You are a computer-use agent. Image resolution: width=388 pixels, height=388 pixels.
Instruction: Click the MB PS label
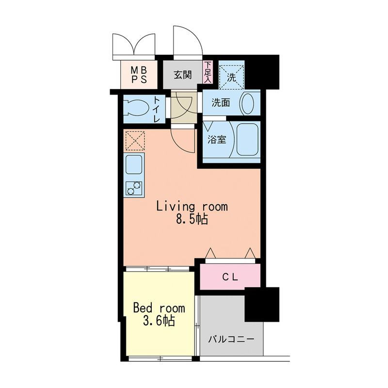point(139,75)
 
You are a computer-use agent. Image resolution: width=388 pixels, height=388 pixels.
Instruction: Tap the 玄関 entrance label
point(183,75)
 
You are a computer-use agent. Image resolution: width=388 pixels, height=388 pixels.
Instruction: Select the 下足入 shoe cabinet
point(208,72)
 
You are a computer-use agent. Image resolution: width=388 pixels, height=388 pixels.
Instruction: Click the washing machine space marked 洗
point(232,75)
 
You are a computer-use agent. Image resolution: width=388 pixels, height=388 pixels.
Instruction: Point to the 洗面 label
point(221,103)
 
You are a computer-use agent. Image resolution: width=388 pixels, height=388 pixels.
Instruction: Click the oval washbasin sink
point(247,103)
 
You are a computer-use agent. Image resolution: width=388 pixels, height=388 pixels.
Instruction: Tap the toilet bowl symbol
point(137,108)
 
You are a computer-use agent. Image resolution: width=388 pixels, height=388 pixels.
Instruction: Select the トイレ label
point(156,110)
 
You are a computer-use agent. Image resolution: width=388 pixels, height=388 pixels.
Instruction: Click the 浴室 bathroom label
point(217,140)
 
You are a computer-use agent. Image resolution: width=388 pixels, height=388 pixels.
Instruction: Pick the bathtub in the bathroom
point(247,140)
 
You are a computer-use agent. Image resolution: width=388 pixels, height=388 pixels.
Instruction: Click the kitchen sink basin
point(134,164)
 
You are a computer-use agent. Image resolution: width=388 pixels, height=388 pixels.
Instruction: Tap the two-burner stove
point(134,188)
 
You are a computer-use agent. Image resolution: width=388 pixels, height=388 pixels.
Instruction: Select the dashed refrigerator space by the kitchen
point(135,141)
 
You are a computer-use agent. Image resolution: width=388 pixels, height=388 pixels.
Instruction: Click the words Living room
point(192,207)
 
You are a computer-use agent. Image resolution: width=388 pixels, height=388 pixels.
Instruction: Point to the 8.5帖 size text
point(192,219)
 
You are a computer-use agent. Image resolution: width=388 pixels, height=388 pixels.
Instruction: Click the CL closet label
point(230,277)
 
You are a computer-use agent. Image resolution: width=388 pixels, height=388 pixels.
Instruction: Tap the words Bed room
point(159,308)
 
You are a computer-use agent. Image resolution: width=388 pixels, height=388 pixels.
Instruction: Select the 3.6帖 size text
point(159,321)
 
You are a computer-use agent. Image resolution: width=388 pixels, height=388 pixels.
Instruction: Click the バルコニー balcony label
point(231,339)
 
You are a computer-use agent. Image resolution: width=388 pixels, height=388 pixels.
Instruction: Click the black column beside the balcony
point(262,305)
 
